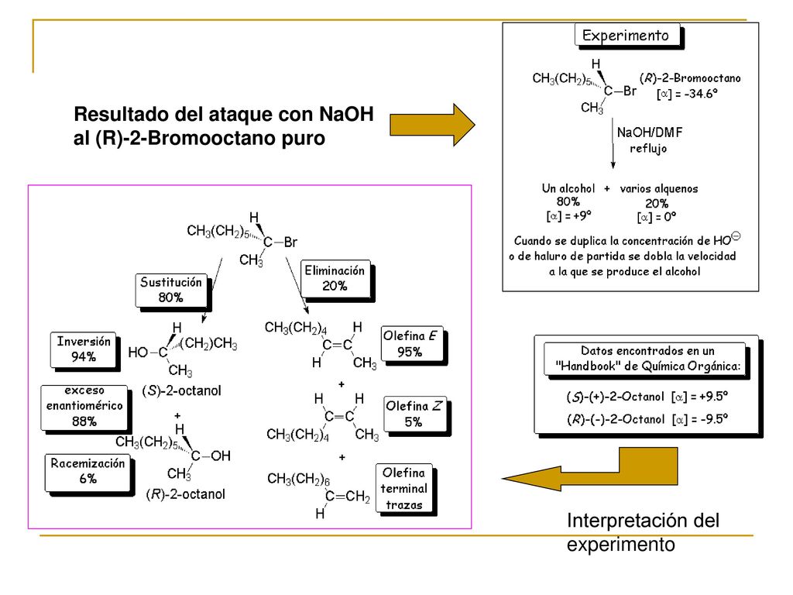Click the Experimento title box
(x=627, y=36)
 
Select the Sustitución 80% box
(x=171, y=290)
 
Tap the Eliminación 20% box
(x=335, y=278)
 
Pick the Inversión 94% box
(x=84, y=349)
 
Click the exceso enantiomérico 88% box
(x=84, y=408)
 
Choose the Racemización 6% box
(x=88, y=472)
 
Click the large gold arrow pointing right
(x=432, y=125)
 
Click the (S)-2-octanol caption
(x=181, y=390)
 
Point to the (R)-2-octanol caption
(x=186, y=494)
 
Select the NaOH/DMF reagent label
(x=650, y=132)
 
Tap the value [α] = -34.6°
(x=688, y=94)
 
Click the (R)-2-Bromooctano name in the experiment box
(x=690, y=78)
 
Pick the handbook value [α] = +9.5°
(x=700, y=397)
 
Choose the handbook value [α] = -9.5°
(x=700, y=419)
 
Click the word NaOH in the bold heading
(x=346, y=115)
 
